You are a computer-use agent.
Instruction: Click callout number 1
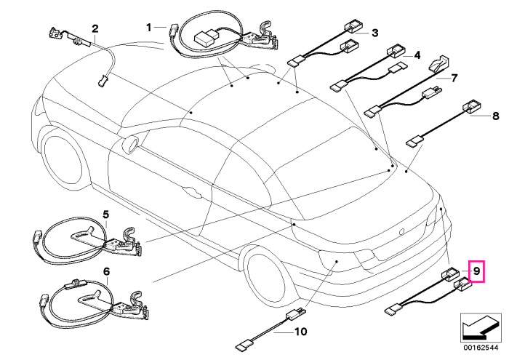tap(148, 28)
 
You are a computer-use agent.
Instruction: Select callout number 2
tap(95, 28)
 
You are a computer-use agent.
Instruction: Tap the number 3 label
tap(375, 33)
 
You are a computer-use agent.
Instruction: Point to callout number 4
tap(417, 55)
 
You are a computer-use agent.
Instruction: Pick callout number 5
tap(106, 215)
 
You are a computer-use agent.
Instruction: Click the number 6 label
tap(106, 271)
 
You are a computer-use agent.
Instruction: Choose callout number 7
tap(454, 78)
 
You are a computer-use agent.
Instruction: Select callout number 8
tap(495, 116)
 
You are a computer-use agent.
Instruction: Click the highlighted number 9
tap(476, 271)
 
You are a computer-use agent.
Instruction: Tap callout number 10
tap(300, 332)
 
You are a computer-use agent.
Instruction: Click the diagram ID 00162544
tap(481, 348)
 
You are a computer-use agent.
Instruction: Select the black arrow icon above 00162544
tap(480, 327)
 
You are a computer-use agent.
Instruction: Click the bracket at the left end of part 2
tap(55, 33)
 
